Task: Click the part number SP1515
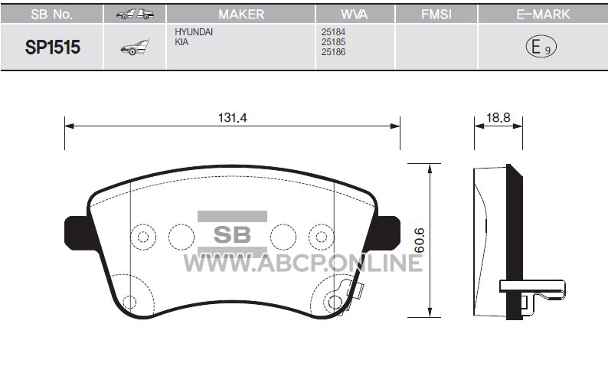53,47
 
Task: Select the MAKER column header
241,15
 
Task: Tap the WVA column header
355,15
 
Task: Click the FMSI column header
436,15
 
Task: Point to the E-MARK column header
543,15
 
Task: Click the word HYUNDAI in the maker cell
194,32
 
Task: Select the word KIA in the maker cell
181,42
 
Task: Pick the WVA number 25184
333,32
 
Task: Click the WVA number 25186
333,52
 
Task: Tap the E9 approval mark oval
541,47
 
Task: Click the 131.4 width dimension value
232,117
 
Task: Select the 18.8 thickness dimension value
498,117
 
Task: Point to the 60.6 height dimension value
420,241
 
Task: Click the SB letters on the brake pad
232,234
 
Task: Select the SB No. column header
51,15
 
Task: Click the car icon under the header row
135,47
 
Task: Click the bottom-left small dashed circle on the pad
129,302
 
